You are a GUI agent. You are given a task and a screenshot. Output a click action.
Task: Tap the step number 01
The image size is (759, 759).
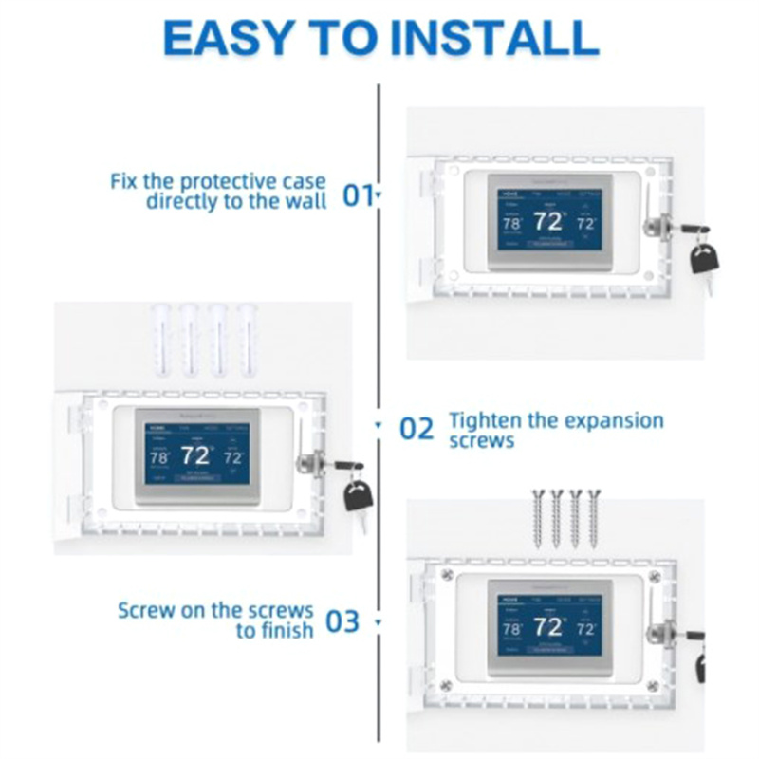[x=358, y=195]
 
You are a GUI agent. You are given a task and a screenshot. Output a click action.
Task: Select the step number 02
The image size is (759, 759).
[x=416, y=429]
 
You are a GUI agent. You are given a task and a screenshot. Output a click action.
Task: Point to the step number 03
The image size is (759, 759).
[x=342, y=621]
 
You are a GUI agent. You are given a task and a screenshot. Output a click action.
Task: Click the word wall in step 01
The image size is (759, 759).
[x=305, y=201]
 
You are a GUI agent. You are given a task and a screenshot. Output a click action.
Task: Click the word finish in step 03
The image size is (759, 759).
[x=286, y=630]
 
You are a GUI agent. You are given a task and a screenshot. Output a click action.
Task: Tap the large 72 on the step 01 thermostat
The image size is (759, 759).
[x=548, y=222]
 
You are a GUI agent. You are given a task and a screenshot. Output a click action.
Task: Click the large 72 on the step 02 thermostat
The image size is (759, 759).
[x=195, y=454]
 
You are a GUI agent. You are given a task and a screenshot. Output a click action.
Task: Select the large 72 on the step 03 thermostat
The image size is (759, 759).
[x=548, y=626]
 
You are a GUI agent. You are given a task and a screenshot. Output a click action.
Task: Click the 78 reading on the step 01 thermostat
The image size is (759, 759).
[x=511, y=224]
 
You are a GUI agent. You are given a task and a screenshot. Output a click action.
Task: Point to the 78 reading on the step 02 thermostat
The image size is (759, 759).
[x=158, y=456]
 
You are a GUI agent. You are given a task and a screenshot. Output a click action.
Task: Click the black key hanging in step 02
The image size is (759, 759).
[x=358, y=495]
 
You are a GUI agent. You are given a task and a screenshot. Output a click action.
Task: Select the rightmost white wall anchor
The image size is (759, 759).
[x=248, y=338]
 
